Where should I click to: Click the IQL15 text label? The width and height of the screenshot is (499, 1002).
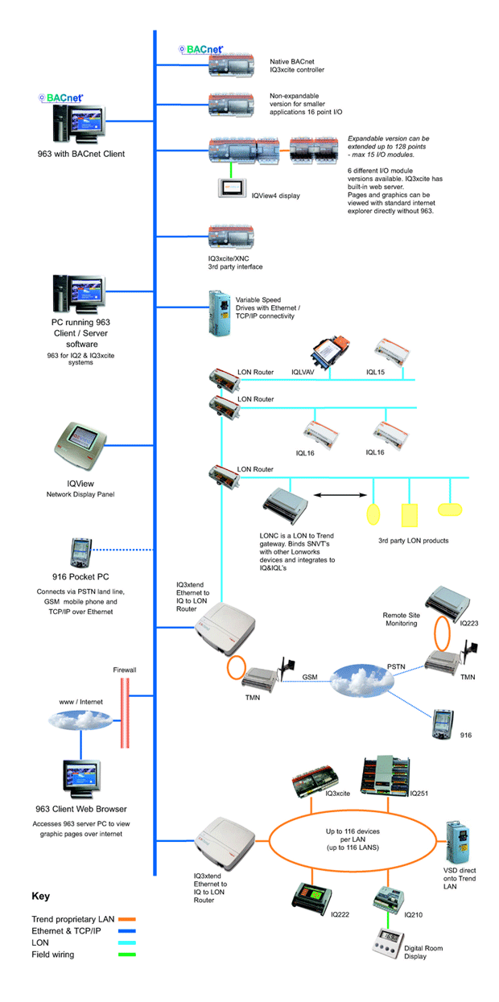[x=375, y=373]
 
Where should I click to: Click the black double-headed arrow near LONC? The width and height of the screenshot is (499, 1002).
[x=334, y=495]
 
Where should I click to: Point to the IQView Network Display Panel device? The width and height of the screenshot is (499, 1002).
[x=77, y=447]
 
